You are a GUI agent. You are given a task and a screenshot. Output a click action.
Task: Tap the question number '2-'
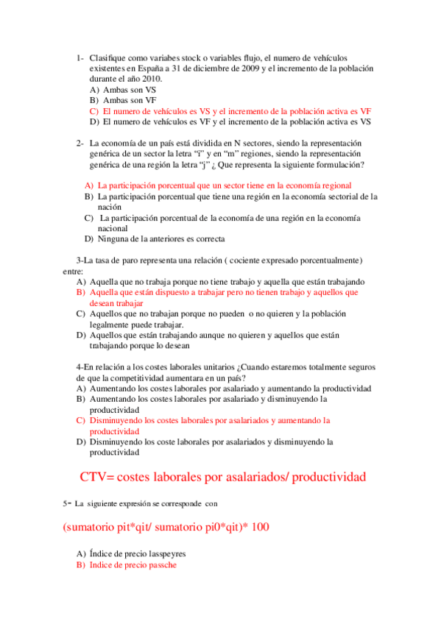coord(80,143)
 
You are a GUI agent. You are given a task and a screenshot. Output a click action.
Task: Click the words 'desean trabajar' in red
coord(116,302)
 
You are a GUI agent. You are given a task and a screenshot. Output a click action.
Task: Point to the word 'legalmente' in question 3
coord(110,324)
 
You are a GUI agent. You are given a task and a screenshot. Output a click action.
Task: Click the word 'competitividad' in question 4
coord(135,377)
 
